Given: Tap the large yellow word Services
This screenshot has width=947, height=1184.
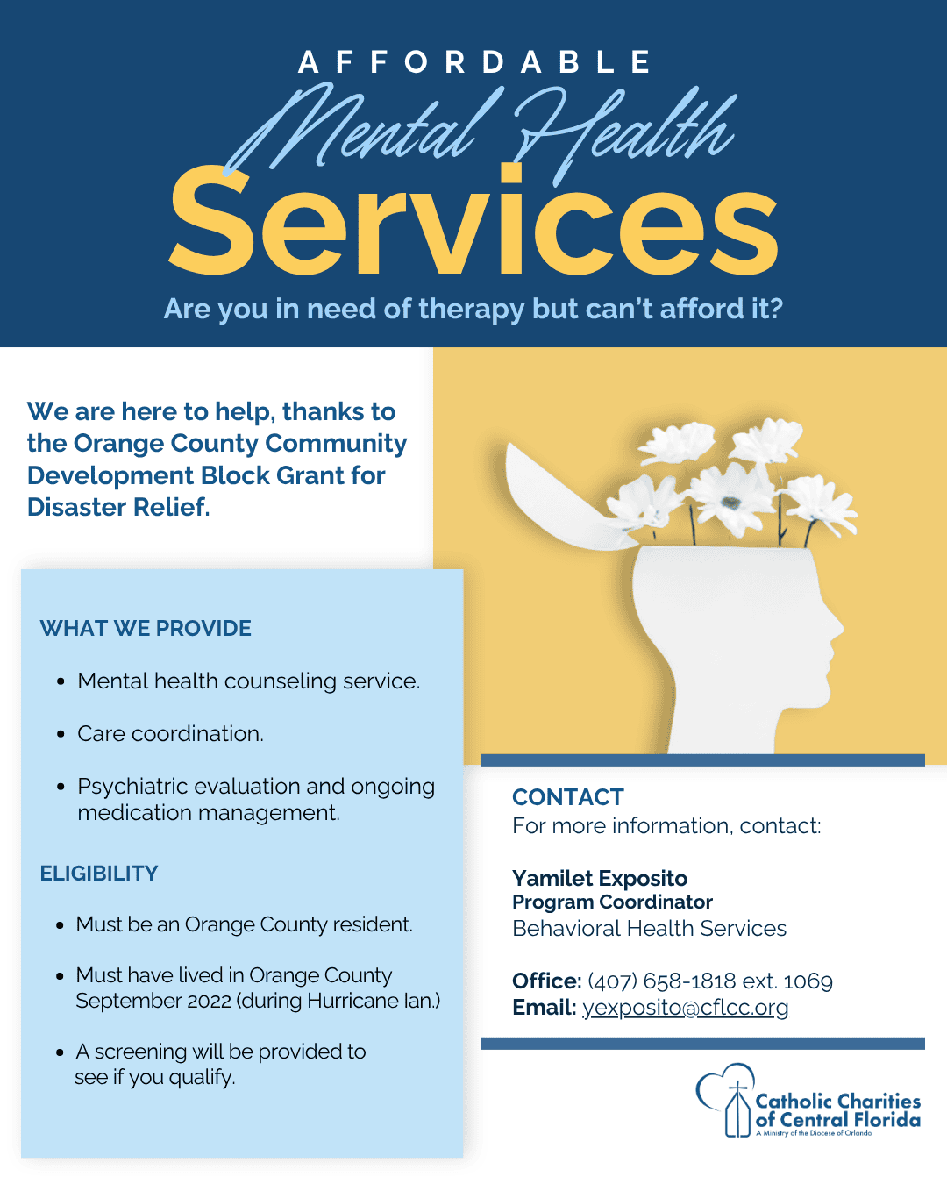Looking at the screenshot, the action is (473, 220).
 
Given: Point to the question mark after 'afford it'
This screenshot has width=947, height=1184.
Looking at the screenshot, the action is (776, 308).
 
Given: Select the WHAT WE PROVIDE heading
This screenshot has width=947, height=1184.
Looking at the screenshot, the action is (146, 628).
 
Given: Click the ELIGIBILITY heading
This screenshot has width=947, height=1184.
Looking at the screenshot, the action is (99, 874).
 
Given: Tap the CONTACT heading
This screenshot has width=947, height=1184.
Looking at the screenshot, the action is (568, 796).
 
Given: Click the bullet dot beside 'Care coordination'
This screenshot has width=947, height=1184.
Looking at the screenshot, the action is (61, 734).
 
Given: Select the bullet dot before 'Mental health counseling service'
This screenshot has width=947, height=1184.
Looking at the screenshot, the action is (61, 682).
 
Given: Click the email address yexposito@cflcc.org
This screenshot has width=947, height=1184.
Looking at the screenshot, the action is (685, 1008).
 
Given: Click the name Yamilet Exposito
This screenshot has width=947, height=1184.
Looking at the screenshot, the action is (600, 879).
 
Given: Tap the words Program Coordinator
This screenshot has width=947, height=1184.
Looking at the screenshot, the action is (612, 902).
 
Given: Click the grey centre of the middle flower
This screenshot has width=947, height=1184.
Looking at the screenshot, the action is (730, 502).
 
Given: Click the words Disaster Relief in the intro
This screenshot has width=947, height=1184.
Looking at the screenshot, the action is (118, 507).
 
